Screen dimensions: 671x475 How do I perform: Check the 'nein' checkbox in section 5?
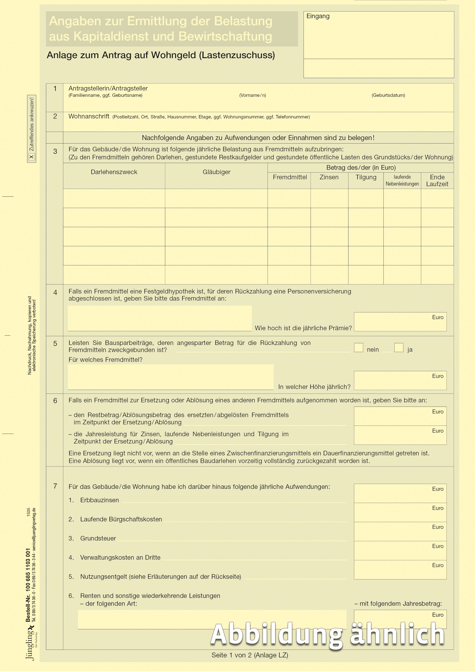click(x=359, y=347)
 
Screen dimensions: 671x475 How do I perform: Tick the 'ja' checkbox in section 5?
click(x=399, y=347)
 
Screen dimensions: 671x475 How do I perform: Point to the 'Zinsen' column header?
click(x=329, y=177)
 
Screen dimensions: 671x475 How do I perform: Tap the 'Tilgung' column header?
click(x=366, y=177)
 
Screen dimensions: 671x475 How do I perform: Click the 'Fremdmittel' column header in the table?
click(x=290, y=177)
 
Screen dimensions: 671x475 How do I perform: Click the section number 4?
click(x=55, y=293)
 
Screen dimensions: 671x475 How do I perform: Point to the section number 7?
click(x=55, y=486)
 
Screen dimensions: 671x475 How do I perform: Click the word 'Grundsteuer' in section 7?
click(x=98, y=538)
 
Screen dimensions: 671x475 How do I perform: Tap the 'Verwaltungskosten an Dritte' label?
click(x=120, y=558)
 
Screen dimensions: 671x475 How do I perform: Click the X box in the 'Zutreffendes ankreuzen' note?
click(x=32, y=157)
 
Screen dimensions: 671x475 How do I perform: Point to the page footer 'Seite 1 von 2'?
click(x=250, y=655)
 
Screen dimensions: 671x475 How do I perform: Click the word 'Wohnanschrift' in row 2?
click(x=89, y=116)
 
